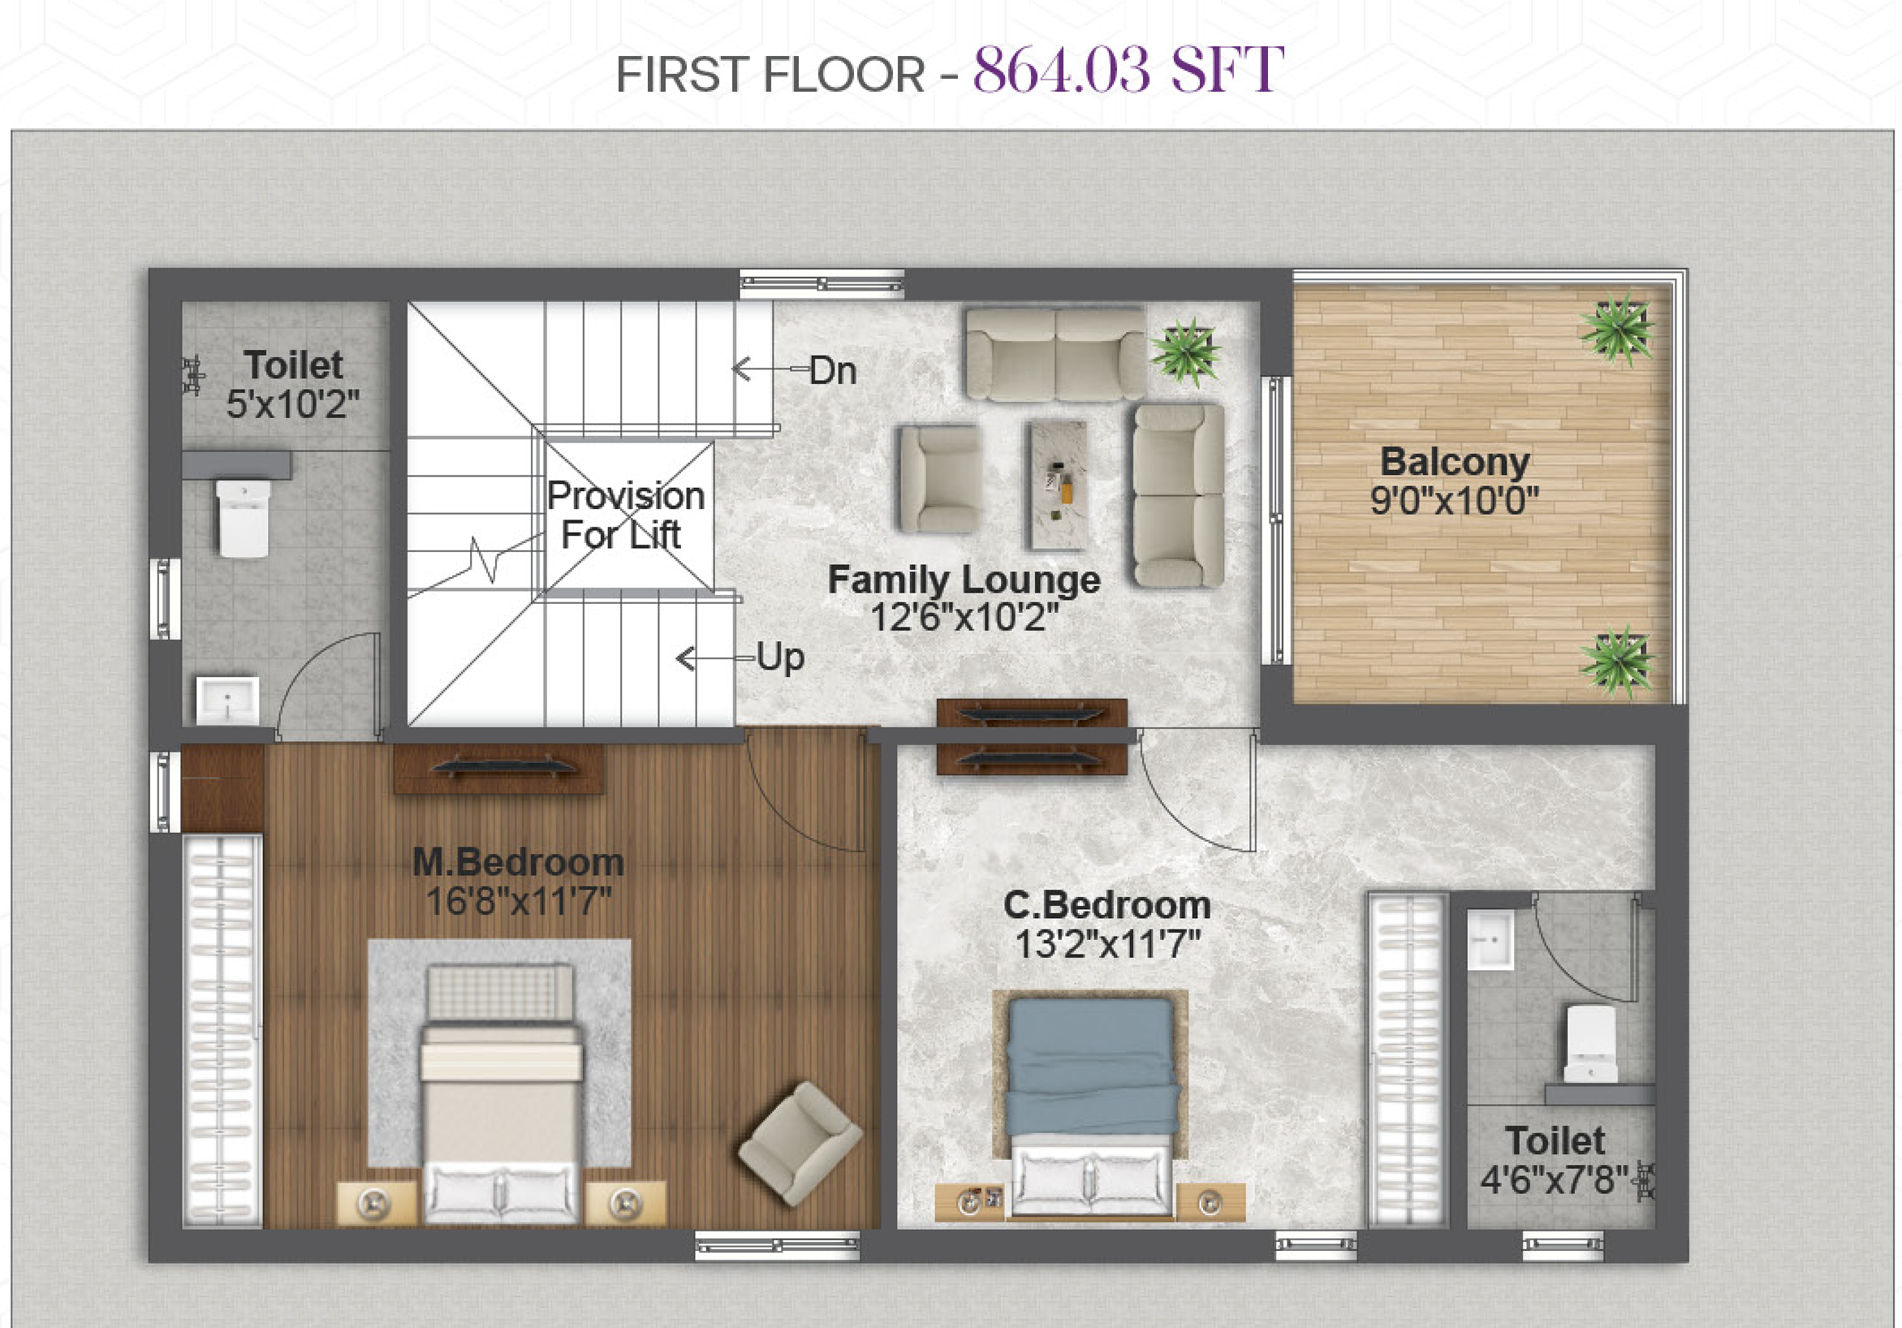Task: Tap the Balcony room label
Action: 1455,462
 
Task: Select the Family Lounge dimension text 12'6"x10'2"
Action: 964,617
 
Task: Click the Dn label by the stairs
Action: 833,370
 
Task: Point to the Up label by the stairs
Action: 780,658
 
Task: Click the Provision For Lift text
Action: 625,515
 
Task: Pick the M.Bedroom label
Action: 518,862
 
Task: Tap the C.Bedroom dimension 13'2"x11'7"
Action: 1107,943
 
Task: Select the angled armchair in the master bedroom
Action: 800,1142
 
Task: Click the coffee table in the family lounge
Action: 1057,486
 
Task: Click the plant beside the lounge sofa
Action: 1185,351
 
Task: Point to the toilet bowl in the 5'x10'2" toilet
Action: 243,519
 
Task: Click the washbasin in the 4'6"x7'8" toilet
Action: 1490,939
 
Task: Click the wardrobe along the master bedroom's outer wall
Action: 222,1031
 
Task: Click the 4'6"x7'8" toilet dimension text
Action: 1554,1179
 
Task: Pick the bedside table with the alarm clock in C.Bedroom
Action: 969,1201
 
